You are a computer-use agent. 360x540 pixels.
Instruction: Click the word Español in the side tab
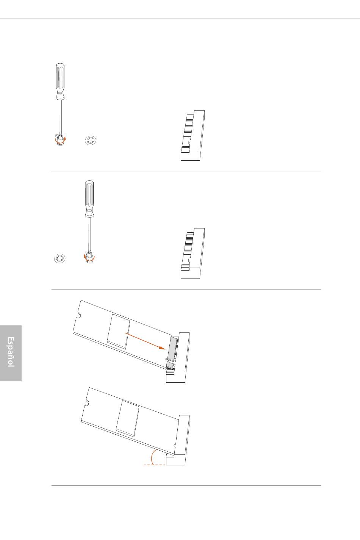[11, 352]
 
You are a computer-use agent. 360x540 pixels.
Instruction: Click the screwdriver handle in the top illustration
[60, 81]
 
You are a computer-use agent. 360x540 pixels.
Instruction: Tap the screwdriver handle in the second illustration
[89, 199]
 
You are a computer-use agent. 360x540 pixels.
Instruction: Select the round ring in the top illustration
[91, 140]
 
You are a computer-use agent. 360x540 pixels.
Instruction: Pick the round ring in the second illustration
[60, 258]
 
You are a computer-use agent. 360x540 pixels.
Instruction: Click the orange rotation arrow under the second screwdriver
[89, 258]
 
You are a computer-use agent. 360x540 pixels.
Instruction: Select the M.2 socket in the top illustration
[193, 136]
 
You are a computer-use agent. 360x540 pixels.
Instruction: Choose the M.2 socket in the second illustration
[193, 254]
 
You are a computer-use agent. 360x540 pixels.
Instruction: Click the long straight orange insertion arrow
[146, 341]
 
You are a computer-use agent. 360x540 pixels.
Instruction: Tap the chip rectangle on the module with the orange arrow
[118, 332]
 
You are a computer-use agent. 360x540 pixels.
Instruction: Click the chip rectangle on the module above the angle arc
[128, 418]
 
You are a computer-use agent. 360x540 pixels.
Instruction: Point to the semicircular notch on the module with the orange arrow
[78, 315]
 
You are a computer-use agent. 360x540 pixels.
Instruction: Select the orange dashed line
[155, 465]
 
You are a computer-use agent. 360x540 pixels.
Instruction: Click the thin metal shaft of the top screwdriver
[60, 116]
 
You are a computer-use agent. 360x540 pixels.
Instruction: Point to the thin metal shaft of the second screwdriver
[89, 234]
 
